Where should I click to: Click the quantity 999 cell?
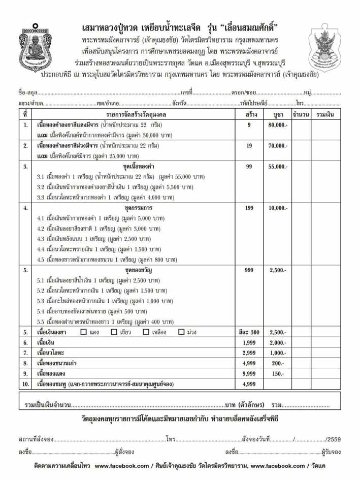point(249,270)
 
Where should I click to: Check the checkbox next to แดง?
point(84,332)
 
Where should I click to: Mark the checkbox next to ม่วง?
point(181,332)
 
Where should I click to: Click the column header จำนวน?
point(301,114)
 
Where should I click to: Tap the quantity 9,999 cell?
point(249,373)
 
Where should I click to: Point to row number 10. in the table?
point(25,384)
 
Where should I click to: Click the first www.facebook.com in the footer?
point(122,466)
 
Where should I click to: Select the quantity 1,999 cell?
point(249,343)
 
